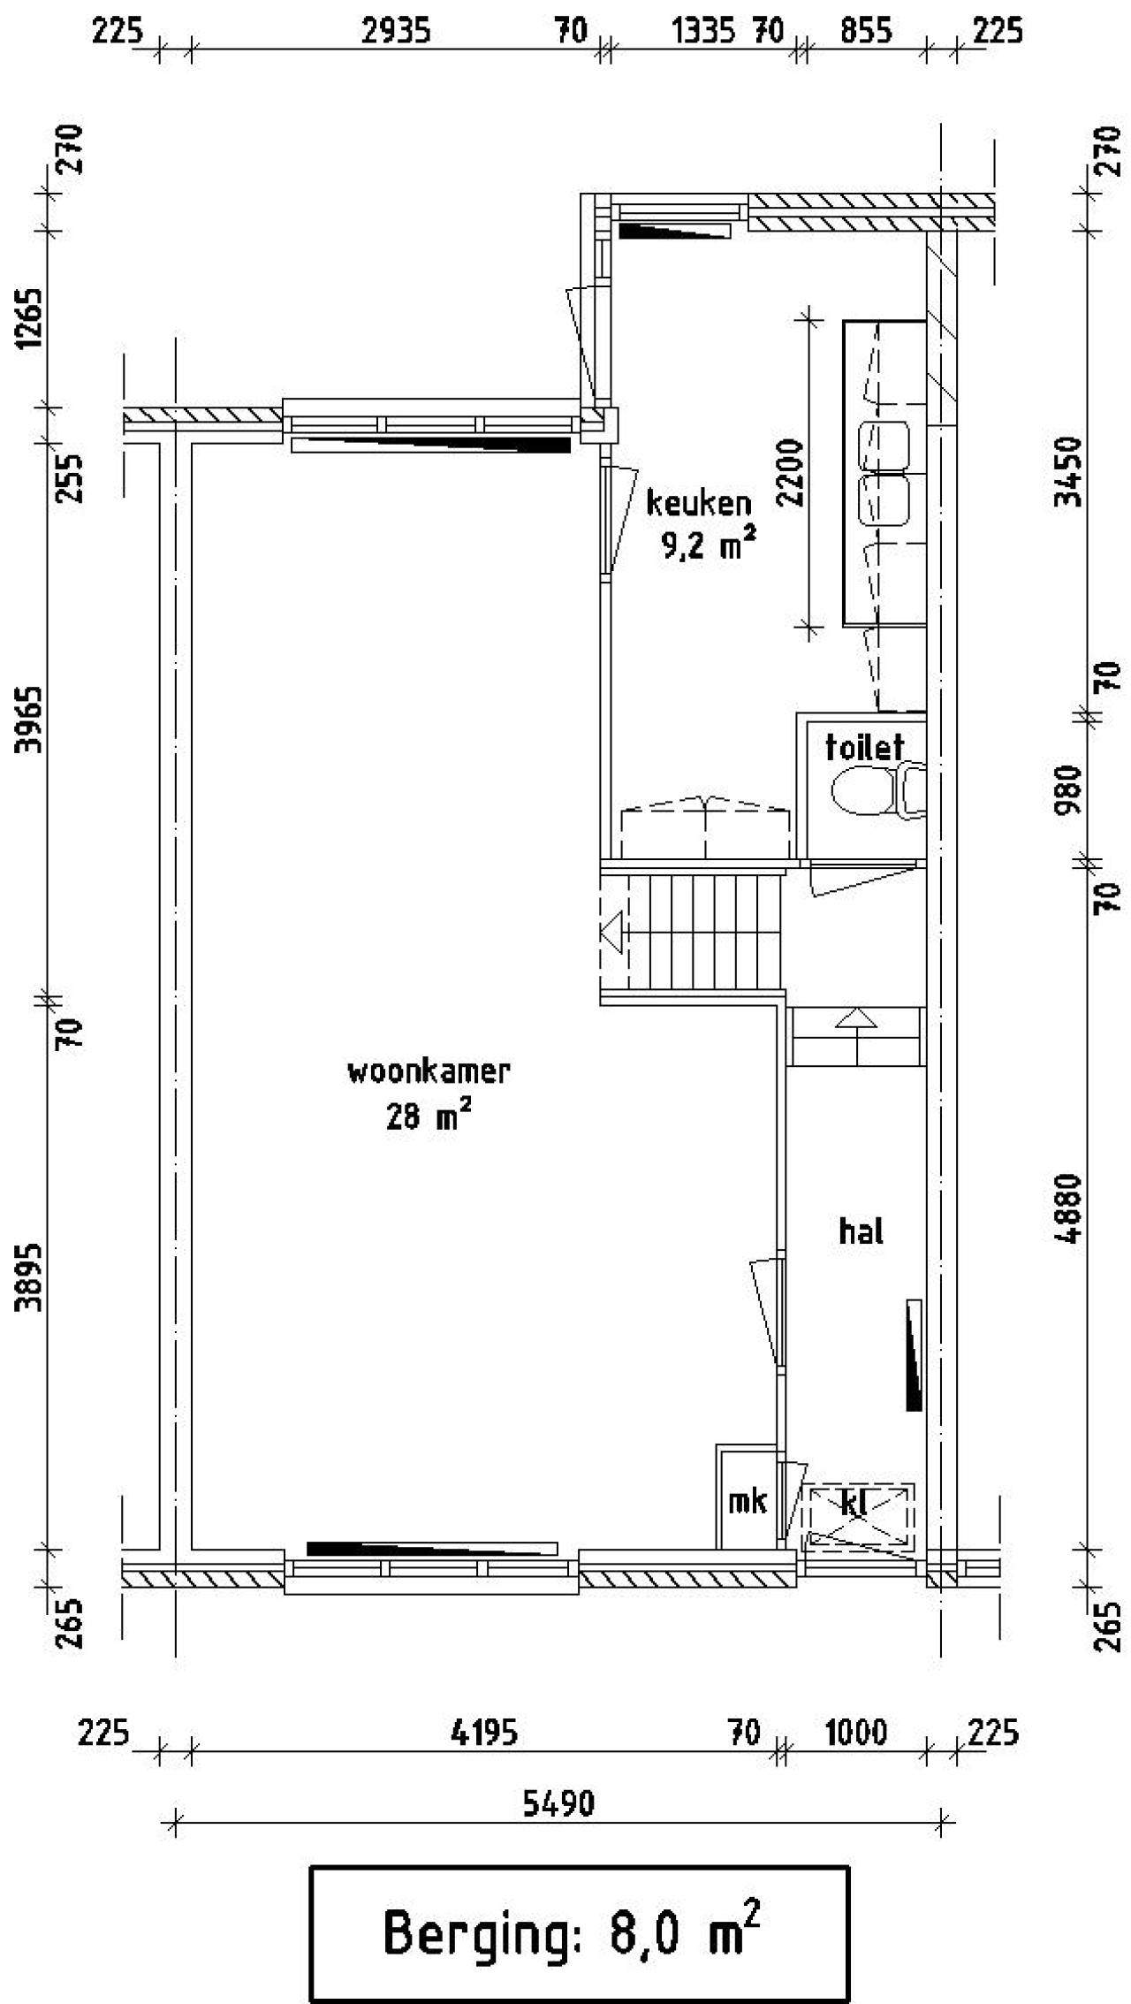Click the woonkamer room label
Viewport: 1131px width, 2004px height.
pyautogui.click(x=429, y=1071)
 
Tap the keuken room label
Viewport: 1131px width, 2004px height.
pyautogui.click(x=699, y=503)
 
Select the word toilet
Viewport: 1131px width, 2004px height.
pyautogui.click(x=865, y=747)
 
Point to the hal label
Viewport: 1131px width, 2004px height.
pyautogui.click(x=862, y=1231)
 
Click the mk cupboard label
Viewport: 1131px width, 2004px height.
pyautogui.click(x=748, y=1500)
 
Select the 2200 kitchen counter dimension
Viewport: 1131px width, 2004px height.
pyautogui.click(x=793, y=472)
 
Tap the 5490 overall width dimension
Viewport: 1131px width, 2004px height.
pyautogui.click(x=558, y=1804)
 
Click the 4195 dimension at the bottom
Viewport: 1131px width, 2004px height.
pyautogui.click(x=483, y=1733)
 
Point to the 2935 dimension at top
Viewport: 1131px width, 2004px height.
pyautogui.click(x=397, y=32)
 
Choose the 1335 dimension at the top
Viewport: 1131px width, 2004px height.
pyautogui.click(x=703, y=32)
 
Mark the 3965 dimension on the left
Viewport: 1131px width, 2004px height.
pyautogui.click(x=33, y=719)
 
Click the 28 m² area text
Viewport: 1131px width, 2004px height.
pyautogui.click(x=429, y=1116)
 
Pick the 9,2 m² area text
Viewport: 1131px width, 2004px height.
pyautogui.click(x=709, y=544)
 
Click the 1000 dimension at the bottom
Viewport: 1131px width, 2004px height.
pyautogui.click(x=855, y=1733)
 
